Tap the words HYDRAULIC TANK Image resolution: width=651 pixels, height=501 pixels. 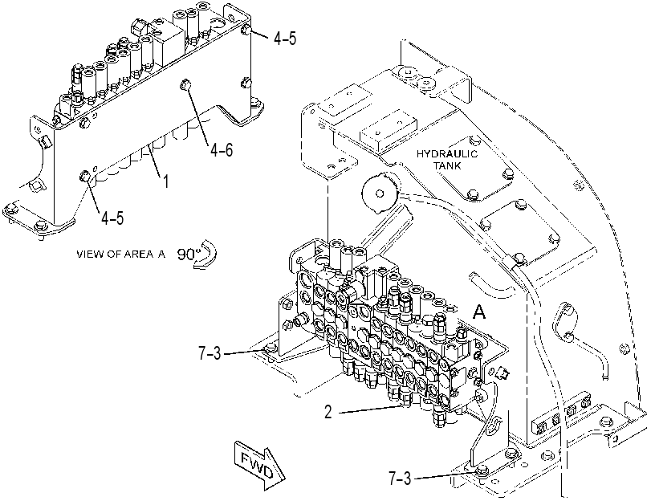pyautogui.click(x=447, y=160)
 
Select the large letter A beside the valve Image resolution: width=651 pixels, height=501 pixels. pyautogui.click(x=479, y=312)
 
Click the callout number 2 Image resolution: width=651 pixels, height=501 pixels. pyautogui.click(x=328, y=412)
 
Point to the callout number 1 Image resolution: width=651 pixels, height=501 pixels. pyautogui.click(x=165, y=181)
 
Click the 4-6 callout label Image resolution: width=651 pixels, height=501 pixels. pyautogui.click(x=222, y=149)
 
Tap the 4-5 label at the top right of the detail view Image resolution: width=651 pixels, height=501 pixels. pyautogui.click(x=285, y=39)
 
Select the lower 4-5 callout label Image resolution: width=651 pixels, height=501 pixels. pyautogui.click(x=112, y=218)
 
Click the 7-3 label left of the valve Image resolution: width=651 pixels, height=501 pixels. pyautogui.click(x=210, y=353)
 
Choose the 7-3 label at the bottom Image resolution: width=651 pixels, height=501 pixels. pyautogui.click(x=400, y=479)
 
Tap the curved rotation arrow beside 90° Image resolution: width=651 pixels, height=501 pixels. pyautogui.click(x=206, y=255)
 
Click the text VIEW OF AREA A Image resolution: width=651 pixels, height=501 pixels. pyautogui.click(x=121, y=254)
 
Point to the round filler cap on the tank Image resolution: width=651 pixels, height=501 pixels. pyautogui.click(x=380, y=193)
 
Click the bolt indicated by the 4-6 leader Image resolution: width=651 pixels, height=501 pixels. pyautogui.click(x=185, y=85)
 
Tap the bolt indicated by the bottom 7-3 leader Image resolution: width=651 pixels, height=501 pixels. pyautogui.click(x=482, y=471)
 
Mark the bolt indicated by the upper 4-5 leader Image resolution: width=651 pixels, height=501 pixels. pyautogui.click(x=246, y=30)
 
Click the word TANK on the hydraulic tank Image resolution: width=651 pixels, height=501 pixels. pyautogui.click(x=447, y=165)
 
